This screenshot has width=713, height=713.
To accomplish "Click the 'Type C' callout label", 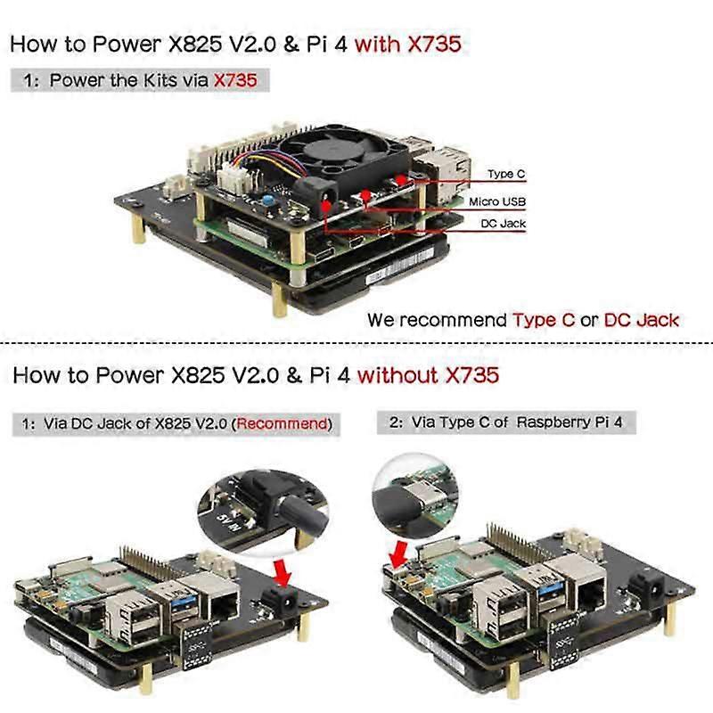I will click(508, 175).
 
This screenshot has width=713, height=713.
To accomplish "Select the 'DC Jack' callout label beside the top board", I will click(503, 224).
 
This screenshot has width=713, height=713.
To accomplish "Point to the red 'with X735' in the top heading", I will click(408, 44).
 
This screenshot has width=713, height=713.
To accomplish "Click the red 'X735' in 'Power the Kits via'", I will click(234, 80).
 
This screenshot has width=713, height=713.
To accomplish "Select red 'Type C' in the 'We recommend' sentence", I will click(544, 319).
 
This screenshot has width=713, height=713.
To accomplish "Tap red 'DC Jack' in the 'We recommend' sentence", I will click(642, 319).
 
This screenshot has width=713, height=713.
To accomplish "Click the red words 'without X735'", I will click(428, 374).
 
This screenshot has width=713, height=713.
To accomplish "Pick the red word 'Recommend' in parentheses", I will click(283, 423).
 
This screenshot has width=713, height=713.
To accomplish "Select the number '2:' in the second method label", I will click(397, 422).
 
